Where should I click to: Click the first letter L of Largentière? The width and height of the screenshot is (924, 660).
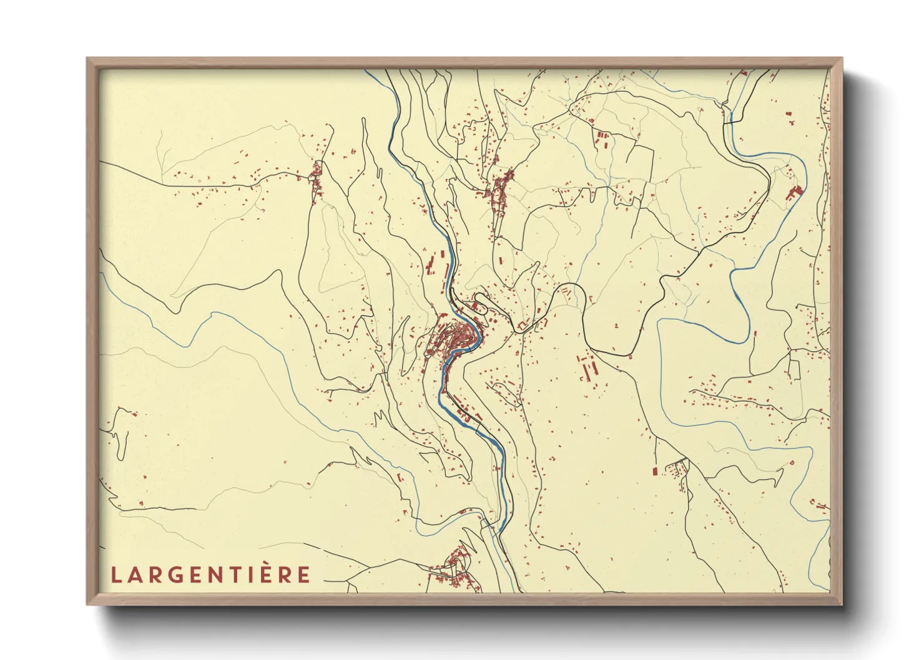pos(115,575)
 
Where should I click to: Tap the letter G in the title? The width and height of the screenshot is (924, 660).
pos(173,575)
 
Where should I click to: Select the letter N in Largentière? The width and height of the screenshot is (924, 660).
pos(221,575)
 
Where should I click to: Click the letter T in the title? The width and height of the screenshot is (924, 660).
pos(239,575)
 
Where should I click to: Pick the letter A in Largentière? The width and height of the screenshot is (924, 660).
pos(134,575)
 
